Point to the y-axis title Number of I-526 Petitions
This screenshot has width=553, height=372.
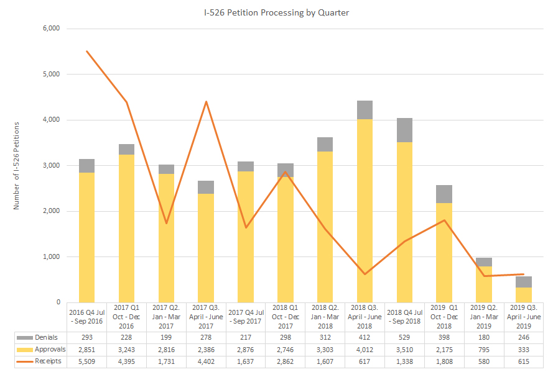(x=17, y=165)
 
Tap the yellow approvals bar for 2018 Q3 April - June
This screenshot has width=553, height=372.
(x=365, y=211)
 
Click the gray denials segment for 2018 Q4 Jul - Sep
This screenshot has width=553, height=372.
(x=404, y=130)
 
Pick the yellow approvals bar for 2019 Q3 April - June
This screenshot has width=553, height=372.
(x=524, y=295)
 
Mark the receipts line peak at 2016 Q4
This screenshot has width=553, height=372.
(x=86, y=51)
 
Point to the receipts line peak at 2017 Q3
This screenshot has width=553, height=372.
(x=206, y=102)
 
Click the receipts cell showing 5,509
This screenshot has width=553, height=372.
(x=86, y=361)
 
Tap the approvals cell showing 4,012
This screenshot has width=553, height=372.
(x=365, y=350)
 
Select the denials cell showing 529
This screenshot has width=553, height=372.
(x=404, y=337)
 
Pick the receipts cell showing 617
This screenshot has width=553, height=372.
(x=365, y=361)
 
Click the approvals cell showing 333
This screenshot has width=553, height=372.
(x=524, y=350)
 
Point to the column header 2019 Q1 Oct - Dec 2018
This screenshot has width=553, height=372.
(x=444, y=317)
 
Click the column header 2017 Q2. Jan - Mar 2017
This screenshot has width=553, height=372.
(x=166, y=317)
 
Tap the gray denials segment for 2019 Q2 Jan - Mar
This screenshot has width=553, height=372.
(x=484, y=262)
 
